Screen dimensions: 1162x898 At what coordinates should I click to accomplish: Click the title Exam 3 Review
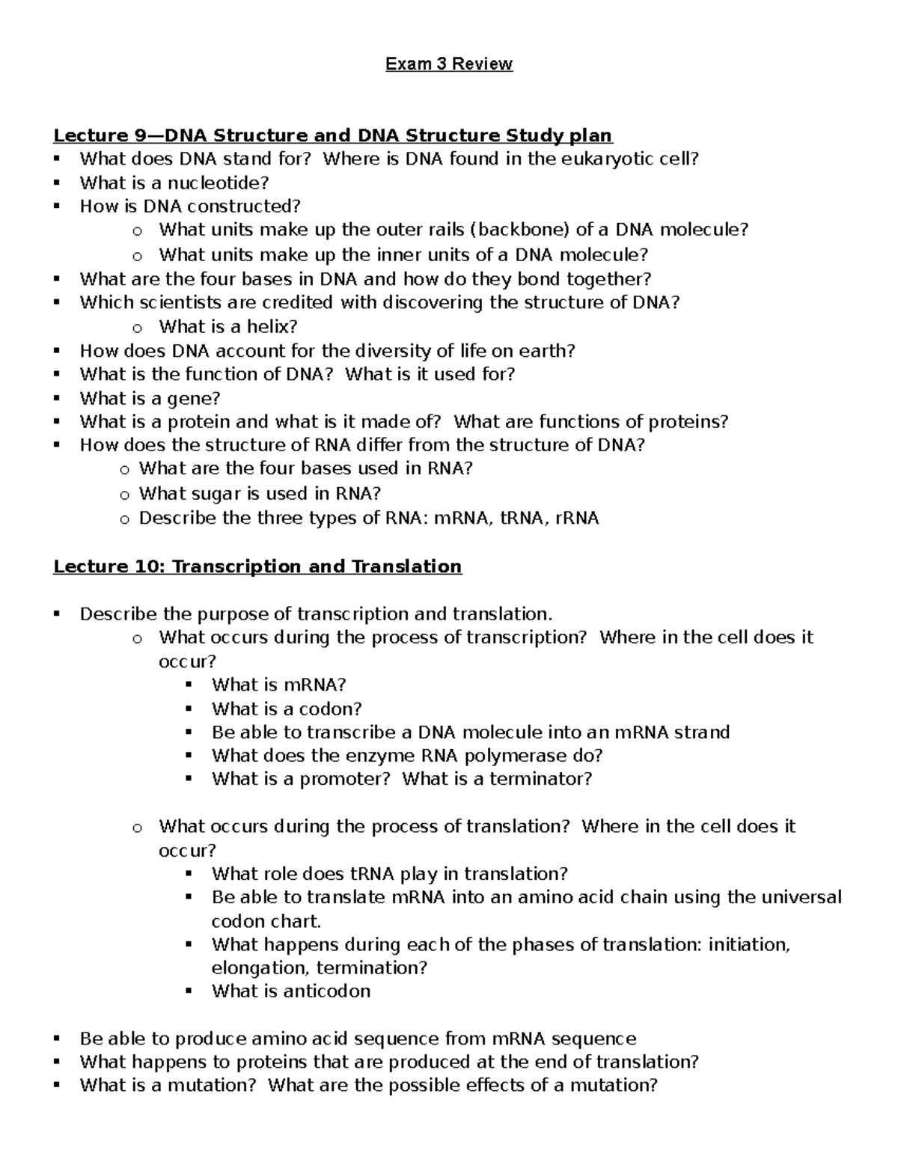point(449,64)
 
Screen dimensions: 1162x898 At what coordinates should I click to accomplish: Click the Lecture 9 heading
point(332,135)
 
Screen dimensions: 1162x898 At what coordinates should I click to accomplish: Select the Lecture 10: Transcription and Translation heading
point(257,566)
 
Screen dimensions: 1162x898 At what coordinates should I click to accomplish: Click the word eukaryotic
point(604,159)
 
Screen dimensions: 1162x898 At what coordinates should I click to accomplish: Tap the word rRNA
point(577,518)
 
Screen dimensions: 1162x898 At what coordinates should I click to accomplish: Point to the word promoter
point(344,779)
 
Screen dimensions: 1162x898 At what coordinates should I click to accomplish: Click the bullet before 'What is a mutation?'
point(56,1086)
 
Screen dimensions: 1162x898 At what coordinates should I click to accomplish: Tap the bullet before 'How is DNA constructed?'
point(56,207)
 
